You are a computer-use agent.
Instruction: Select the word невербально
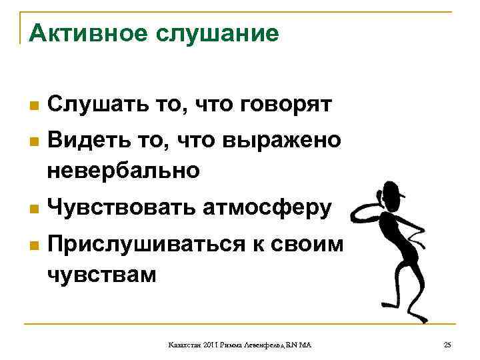[x=123, y=171]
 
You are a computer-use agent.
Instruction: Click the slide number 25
[x=447, y=344]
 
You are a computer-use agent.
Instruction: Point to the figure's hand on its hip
[x=420, y=233]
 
